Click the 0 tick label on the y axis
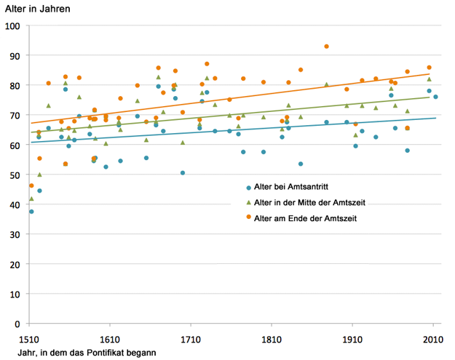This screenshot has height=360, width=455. point(18,324)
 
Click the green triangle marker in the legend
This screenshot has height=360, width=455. point(249,201)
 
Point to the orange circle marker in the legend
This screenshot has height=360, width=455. point(249,217)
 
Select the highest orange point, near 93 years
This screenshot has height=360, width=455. point(327,47)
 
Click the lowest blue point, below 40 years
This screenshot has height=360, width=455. point(31,212)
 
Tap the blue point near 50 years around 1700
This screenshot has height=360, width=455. point(183,173)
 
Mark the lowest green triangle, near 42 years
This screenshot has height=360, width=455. point(31,199)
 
